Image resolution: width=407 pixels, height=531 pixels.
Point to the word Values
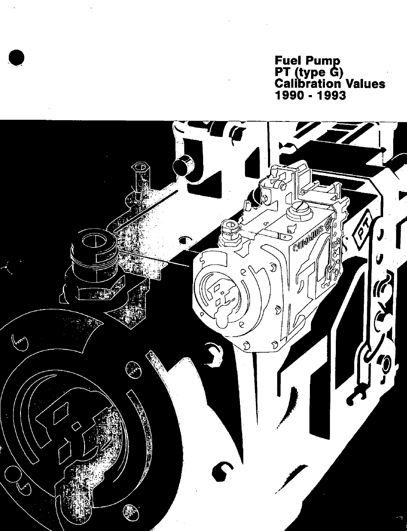point(366,84)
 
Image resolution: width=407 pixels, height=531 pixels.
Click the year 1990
point(290,95)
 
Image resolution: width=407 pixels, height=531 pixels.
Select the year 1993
point(331,95)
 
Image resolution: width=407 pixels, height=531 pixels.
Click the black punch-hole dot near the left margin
point(16,58)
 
